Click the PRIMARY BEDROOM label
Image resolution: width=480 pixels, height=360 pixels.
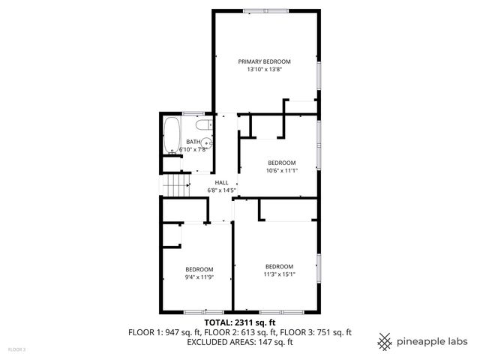coord(264,61)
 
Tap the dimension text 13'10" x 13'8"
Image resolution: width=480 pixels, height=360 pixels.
coord(264,70)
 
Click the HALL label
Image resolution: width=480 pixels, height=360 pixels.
coord(221,182)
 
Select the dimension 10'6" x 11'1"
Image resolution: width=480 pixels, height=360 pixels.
coord(281,170)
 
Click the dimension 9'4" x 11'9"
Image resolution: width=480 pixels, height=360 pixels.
coord(199,277)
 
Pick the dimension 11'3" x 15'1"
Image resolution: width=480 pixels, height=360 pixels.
coord(278,274)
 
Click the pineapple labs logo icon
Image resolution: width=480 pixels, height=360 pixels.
coord(385,341)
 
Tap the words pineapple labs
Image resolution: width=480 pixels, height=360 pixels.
coord(433,341)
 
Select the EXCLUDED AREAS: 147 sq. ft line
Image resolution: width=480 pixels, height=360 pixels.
coord(239,341)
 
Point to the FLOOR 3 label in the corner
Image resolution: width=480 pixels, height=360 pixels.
coord(16,349)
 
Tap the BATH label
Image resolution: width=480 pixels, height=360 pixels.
coord(193,142)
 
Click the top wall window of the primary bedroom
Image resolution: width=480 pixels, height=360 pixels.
coord(264,10)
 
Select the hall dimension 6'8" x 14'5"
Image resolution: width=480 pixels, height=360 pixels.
coord(221,190)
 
